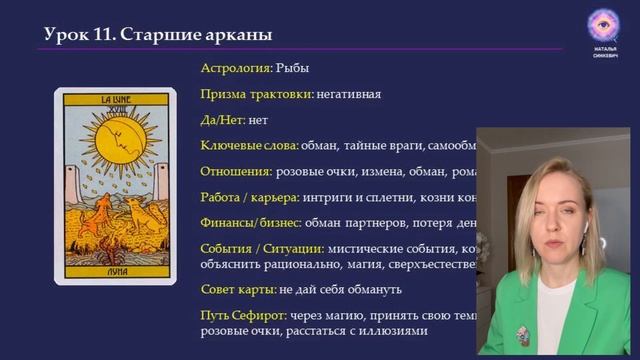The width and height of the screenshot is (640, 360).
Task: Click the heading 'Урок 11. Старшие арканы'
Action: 158,35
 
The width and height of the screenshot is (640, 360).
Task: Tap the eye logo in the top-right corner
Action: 603,24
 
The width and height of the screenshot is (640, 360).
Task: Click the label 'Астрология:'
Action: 236,68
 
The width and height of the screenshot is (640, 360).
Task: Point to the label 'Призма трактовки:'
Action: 257,94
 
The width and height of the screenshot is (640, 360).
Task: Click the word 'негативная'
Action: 349,94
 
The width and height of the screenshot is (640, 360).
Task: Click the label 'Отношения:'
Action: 236,171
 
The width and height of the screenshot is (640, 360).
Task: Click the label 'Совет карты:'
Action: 238,289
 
